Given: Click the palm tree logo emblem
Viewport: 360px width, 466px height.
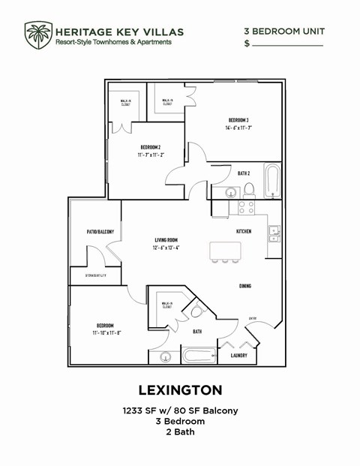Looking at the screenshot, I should tap(37, 35).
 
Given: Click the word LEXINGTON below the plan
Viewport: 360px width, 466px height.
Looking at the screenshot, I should tap(180, 390).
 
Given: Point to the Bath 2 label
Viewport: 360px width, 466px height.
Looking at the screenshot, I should tap(243, 173).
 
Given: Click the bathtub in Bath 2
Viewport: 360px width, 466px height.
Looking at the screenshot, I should tap(271, 180).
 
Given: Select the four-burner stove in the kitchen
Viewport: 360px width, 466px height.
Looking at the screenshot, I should tap(247, 206).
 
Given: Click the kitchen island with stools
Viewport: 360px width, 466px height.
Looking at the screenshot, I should tap(225, 250).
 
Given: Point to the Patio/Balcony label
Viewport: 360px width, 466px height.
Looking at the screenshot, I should tap(100, 232).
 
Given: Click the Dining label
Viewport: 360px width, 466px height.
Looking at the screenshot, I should tap(245, 286).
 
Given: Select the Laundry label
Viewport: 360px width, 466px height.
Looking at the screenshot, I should tap(239, 356).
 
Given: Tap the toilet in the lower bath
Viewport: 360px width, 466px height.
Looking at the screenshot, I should tap(198, 311).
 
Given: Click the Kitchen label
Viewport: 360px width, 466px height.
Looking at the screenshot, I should tap(244, 231).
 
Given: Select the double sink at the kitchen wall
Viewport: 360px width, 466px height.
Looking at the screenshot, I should tap(274, 231).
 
